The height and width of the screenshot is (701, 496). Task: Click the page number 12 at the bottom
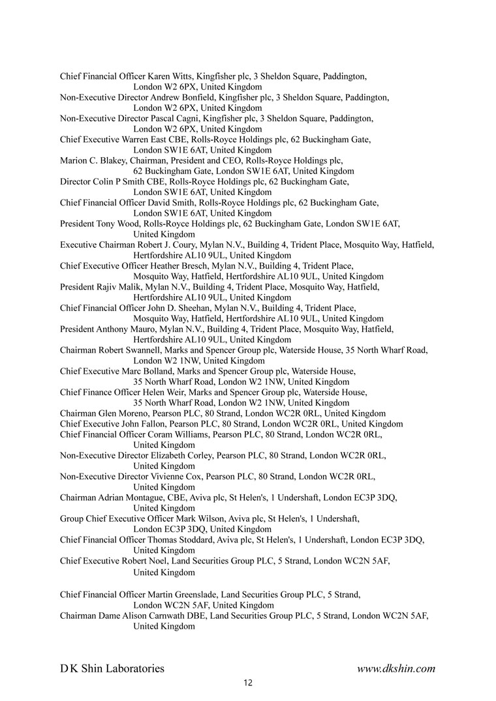[247, 683]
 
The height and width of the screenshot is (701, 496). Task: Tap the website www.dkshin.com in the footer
[396, 668]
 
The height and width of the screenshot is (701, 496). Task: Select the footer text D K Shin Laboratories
[112, 668]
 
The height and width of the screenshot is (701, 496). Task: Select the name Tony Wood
[120, 224]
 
